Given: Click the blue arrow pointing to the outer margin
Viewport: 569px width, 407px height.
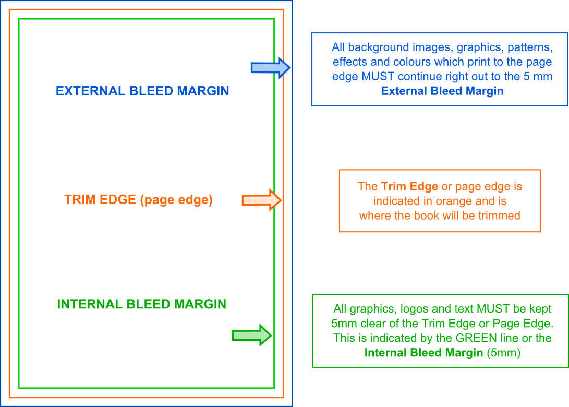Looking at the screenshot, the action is [271, 68].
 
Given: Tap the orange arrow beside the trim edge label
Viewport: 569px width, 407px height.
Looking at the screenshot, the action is [262, 200].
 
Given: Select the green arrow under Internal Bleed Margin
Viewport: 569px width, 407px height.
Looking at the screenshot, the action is [252, 335].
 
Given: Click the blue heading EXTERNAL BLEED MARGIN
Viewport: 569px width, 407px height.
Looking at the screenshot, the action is [142, 91].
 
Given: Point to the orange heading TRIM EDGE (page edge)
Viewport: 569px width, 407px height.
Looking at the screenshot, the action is [138, 200].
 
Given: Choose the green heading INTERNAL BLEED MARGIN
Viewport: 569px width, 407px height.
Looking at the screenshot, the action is [141, 304].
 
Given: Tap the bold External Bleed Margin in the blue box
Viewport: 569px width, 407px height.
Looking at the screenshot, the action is [442, 91].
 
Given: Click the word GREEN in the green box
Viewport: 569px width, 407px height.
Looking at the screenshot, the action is [477, 338].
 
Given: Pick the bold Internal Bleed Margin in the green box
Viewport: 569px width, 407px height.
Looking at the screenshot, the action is [423, 353].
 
